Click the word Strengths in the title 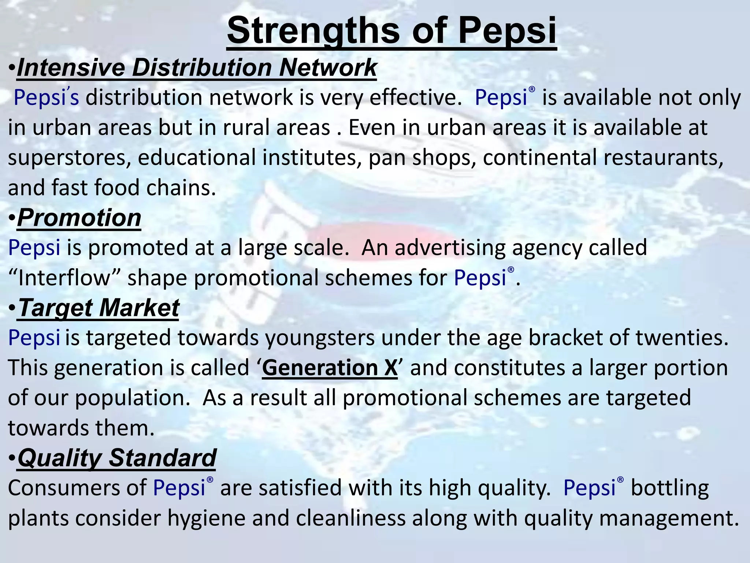pyautogui.click(x=313, y=31)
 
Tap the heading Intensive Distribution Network pyautogui.click(x=197, y=68)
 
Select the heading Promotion pyautogui.click(x=79, y=218)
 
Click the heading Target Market pyautogui.click(x=98, y=308)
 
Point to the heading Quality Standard pyautogui.click(x=117, y=458)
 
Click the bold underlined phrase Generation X pyautogui.click(x=330, y=368)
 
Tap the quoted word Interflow pyautogui.click(x=64, y=278)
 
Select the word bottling pyautogui.click(x=670, y=488)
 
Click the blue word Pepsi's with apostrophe pyautogui.click(x=46, y=98)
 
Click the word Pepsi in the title pyautogui.click(x=507, y=31)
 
